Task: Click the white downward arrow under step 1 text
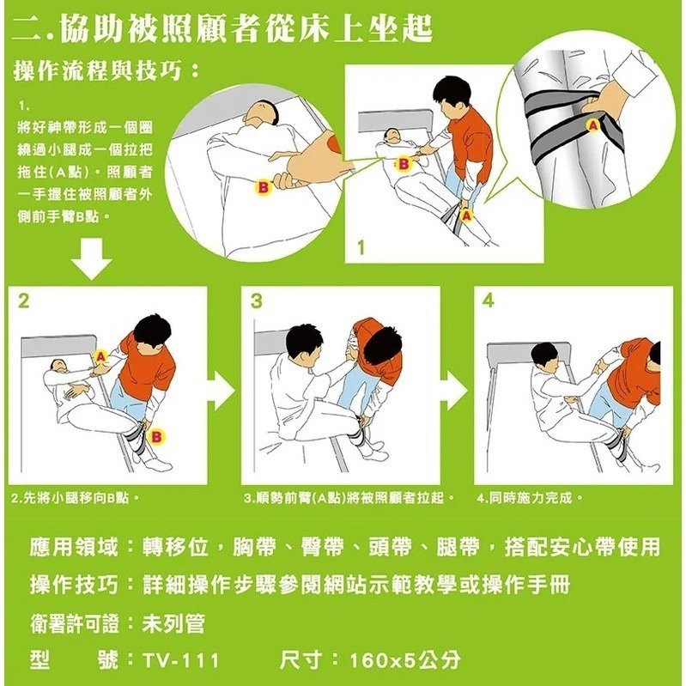pyautogui.click(x=91, y=258)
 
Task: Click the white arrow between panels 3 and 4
pyautogui.click(x=455, y=388)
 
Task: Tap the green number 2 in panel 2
pyautogui.click(x=23, y=301)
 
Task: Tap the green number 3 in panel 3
pyautogui.click(x=257, y=301)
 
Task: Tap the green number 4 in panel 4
pyautogui.click(x=489, y=301)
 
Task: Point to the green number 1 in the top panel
pyautogui.click(x=361, y=248)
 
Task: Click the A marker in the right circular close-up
pyautogui.click(x=592, y=125)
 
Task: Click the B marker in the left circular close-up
pyautogui.click(x=264, y=188)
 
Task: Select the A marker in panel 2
pyautogui.click(x=101, y=356)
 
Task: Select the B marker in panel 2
pyautogui.click(x=156, y=437)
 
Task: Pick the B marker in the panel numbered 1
pyautogui.click(x=404, y=164)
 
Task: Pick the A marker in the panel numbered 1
pyautogui.click(x=467, y=216)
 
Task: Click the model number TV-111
pyautogui.click(x=180, y=660)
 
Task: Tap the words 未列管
pyautogui.click(x=173, y=623)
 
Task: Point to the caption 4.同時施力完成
pyautogui.click(x=530, y=497)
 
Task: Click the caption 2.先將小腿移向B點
pyautogui.click(x=76, y=497)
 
